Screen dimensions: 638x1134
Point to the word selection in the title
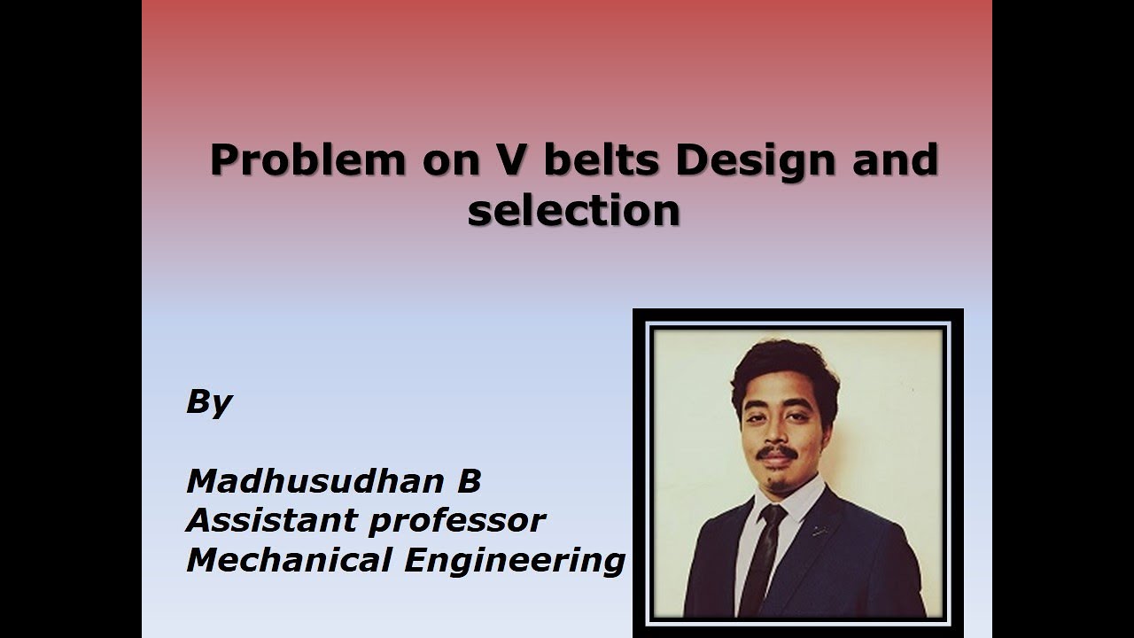[x=574, y=211]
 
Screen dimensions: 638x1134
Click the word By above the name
[x=208, y=403]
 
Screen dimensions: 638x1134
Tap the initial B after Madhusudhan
[x=469, y=481]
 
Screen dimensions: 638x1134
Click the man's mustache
[x=776, y=452]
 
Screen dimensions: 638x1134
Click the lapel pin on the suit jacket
[x=819, y=531]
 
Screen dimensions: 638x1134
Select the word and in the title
[x=895, y=161]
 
